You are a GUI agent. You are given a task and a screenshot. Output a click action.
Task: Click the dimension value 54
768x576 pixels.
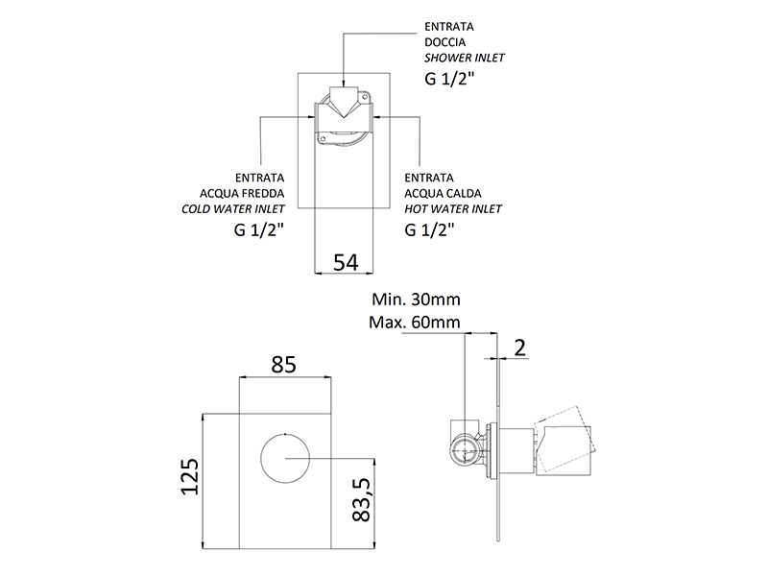[346, 262]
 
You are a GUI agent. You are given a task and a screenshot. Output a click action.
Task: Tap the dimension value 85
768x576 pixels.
[283, 365]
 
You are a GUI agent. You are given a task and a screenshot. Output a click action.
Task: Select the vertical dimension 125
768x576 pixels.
[190, 476]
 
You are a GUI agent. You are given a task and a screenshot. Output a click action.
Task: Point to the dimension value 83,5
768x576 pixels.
[362, 499]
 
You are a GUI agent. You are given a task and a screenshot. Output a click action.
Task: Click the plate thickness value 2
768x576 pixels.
[519, 348]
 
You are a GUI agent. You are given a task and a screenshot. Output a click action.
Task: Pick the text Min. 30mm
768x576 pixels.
[416, 300]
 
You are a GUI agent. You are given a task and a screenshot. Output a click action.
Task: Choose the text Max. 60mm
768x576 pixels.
[415, 323]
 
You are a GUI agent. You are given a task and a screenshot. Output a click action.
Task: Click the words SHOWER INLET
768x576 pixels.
[464, 58]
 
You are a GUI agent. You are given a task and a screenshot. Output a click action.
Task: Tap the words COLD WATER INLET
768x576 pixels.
[232, 209]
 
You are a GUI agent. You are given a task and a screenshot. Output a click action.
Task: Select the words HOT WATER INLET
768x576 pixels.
[453, 209]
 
